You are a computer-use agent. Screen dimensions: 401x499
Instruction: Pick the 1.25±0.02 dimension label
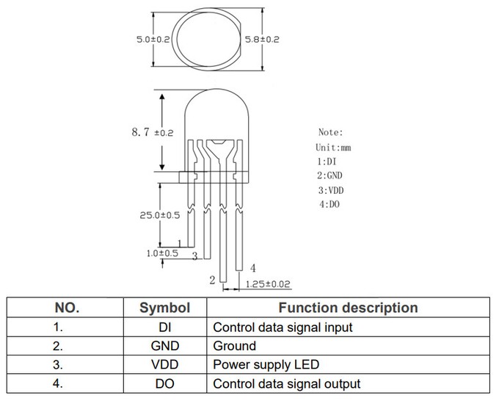click(267, 283)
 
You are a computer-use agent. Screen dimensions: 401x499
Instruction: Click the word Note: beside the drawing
click(330, 132)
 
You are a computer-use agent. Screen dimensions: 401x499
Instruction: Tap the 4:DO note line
click(329, 203)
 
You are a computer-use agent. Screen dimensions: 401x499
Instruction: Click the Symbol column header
click(165, 308)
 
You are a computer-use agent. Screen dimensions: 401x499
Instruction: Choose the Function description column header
click(349, 308)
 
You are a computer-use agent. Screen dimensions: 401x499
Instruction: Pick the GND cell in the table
click(165, 345)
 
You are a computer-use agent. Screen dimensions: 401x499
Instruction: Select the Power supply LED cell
click(266, 364)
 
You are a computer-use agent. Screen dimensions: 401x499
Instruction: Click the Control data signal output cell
click(286, 383)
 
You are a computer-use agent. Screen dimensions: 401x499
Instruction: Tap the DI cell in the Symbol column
click(165, 327)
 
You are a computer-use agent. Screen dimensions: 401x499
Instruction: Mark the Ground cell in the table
click(234, 345)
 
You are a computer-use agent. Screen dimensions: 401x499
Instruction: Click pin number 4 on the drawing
click(252, 267)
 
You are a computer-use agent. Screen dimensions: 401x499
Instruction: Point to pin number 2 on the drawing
click(212, 280)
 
